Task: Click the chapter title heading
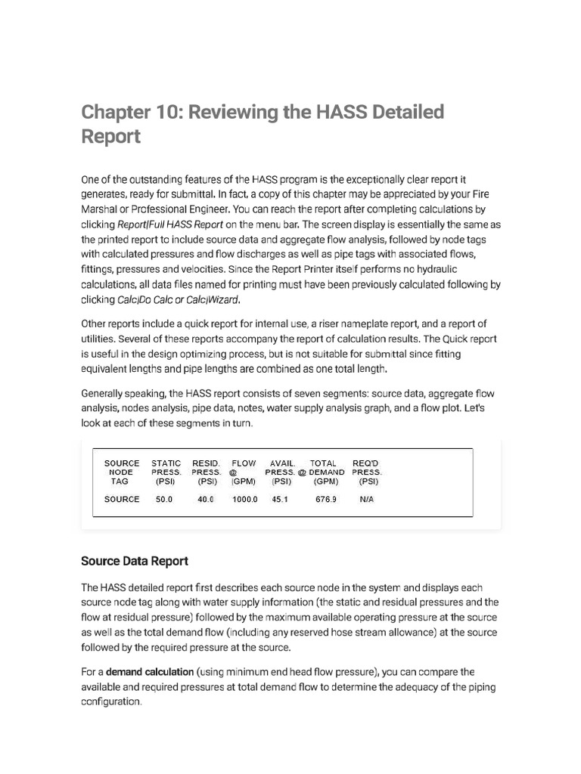(262, 124)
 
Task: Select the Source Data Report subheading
(134, 561)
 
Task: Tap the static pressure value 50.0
(164, 500)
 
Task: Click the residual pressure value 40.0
(206, 500)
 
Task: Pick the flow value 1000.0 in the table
(244, 500)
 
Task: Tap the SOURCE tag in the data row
(122, 500)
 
